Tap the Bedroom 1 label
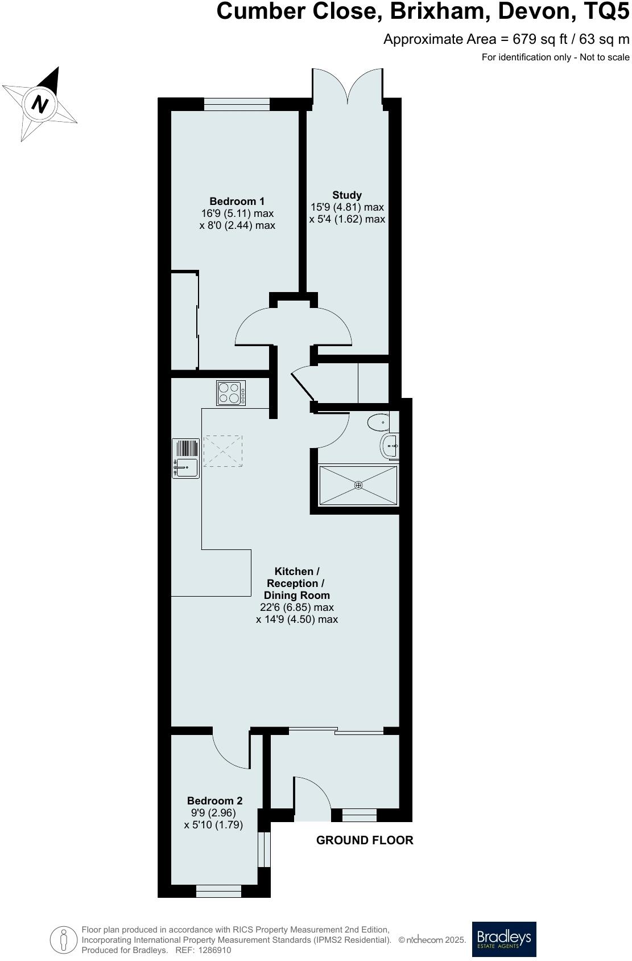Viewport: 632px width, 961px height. [237, 202]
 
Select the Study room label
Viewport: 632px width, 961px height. [347, 195]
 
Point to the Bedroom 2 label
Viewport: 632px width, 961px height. [215, 800]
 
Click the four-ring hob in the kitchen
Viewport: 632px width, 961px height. [232, 393]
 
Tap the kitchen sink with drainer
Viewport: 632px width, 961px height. [186, 458]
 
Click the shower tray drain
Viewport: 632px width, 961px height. [358, 485]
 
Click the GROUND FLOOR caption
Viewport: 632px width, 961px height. [365, 840]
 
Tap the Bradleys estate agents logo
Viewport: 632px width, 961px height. [504, 939]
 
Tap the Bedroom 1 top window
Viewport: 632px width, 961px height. [237, 104]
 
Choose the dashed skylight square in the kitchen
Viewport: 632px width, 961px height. [222, 451]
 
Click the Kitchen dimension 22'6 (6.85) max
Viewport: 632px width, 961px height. [296, 607]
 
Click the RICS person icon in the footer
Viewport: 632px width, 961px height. [64, 939]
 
